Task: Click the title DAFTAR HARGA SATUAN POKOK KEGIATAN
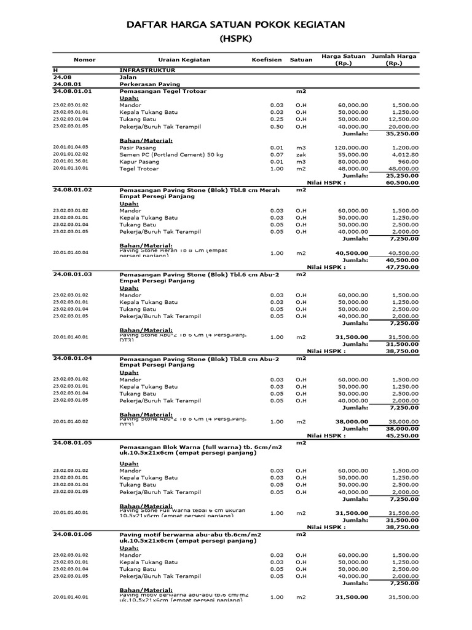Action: pyautogui.click(x=236, y=25)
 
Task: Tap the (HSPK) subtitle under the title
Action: pyautogui.click(x=236, y=39)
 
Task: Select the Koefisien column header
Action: pyautogui.click(x=267, y=60)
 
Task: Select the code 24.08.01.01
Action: pyautogui.click(x=72, y=91)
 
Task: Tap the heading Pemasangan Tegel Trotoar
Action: pyautogui.click(x=163, y=91)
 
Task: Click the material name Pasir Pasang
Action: pyautogui.click(x=136, y=148)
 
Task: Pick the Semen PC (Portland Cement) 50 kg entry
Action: pyautogui.click(x=164, y=154)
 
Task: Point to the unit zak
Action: pyautogui.click(x=301, y=154)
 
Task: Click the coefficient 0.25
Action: pyautogui.click(x=277, y=119)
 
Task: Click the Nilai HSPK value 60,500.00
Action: pyautogui.click(x=402, y=183)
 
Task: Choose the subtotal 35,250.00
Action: pyautogui.click(x=402, y=133)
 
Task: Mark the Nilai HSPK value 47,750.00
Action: pyautogui.click(x=402, y=268)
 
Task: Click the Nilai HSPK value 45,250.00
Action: pyautogui.click(x=402, y=436)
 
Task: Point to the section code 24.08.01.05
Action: pyautogui.click(x=72, y=442)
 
